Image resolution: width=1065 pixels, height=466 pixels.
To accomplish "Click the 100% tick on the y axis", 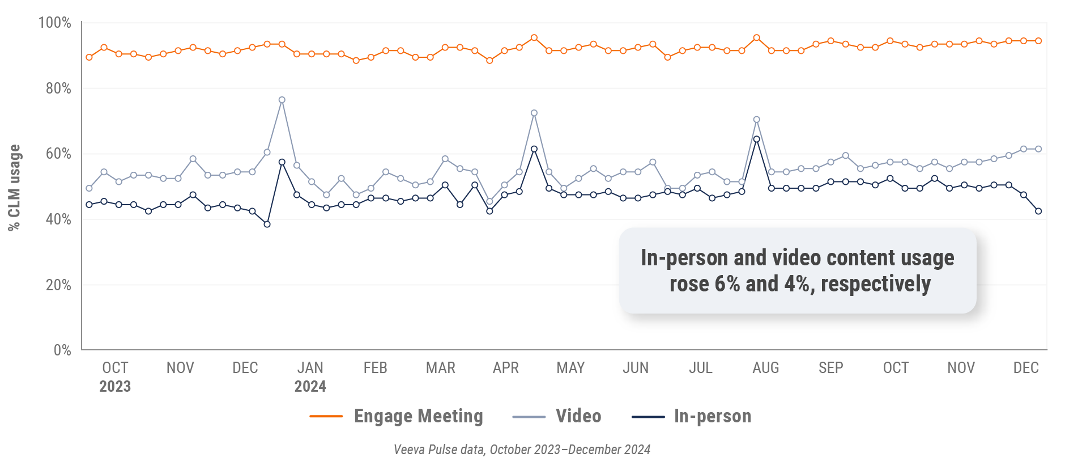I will (x=54, y=23).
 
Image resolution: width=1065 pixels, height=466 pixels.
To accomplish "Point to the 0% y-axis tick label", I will (x=62, y=350).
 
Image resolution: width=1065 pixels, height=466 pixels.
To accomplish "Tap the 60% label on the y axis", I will (x=58, y=154).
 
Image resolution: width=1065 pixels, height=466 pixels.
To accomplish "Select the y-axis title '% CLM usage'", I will (x=14, y=187).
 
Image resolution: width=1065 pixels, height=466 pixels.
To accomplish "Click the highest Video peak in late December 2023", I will (x=282, y=100).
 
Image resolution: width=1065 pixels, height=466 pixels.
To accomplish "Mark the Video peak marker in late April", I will (x=534, y=113).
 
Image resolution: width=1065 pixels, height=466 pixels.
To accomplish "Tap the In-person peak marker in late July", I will (x=756, y=139).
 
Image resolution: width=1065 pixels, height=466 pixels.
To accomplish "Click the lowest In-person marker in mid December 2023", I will (x=267, y=224).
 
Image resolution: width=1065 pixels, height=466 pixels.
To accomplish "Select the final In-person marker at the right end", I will (x=1038, y=211).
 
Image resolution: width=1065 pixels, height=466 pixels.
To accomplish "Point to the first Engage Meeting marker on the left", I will (x=89, y=57).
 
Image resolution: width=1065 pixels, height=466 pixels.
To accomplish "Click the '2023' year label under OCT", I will (x=115, y=387).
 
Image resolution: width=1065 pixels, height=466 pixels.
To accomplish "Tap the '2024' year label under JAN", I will (x=310, y=387).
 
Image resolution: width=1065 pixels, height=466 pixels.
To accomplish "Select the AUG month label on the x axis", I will (x=765, y=368).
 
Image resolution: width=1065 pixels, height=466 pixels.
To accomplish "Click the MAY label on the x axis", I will (x=570, y=368).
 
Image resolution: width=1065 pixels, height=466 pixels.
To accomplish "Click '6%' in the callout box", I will (x=727, y=284).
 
